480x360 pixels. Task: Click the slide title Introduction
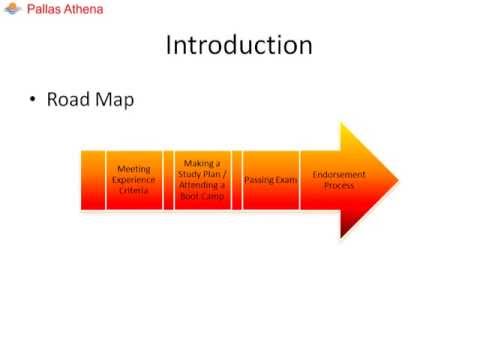click(x=239, y=46)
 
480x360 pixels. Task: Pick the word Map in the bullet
click(x=113, y=100)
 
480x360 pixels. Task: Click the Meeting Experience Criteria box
click(x=133, y=180)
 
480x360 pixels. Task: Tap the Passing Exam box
click(x=270, y=180)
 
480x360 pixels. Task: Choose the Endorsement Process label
click(x=339, y=180)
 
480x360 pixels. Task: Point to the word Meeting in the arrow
click(x=133, y=170)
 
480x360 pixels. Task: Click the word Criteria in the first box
click(x=133, y=190)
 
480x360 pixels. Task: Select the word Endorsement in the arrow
click(x=339, y=175)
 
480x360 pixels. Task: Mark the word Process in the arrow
click(x=339, y=186)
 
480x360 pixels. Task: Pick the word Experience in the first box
click(x=133, y=180)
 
